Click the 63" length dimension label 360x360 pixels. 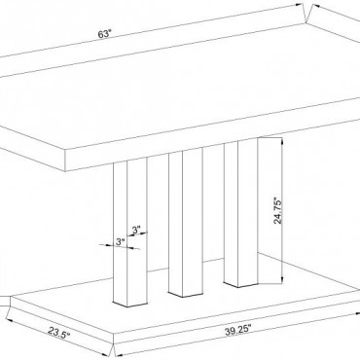tap(105, 34)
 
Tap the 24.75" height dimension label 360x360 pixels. tap(278, 210)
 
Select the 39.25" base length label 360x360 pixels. tap(238, 330)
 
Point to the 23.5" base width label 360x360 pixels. tap(58, 333)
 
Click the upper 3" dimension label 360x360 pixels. tap(136, 230)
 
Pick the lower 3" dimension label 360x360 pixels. tap(121, 241)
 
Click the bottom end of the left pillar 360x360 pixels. tap(130, 305)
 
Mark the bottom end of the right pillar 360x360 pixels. tap(240, 284)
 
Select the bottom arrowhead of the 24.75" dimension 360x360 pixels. tap(282, 280)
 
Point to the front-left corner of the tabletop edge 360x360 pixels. tap(65, 152)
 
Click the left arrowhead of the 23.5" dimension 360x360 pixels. tap(9, 319)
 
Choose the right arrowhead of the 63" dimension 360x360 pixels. tap(300, 6)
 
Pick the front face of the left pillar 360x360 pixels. tap(137, 233)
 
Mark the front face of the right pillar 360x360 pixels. tap(248, 212)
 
